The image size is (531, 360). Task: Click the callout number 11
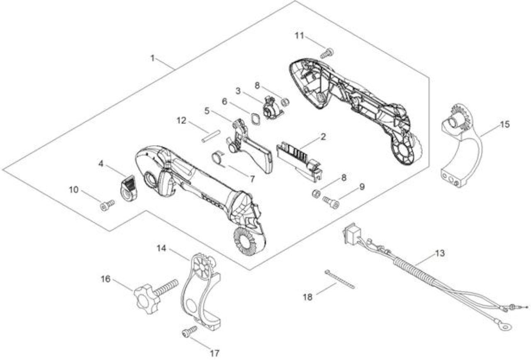(x=300, y=36)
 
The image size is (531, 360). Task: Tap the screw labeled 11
(x=327, y=53)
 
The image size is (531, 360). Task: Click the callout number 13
(x=440, y=253)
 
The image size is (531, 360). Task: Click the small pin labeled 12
(x=211, y=136)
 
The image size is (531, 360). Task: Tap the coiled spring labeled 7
(x=218, y=158)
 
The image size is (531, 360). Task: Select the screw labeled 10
(x=107, y=205)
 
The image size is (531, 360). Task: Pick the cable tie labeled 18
(x=340, y=280)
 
